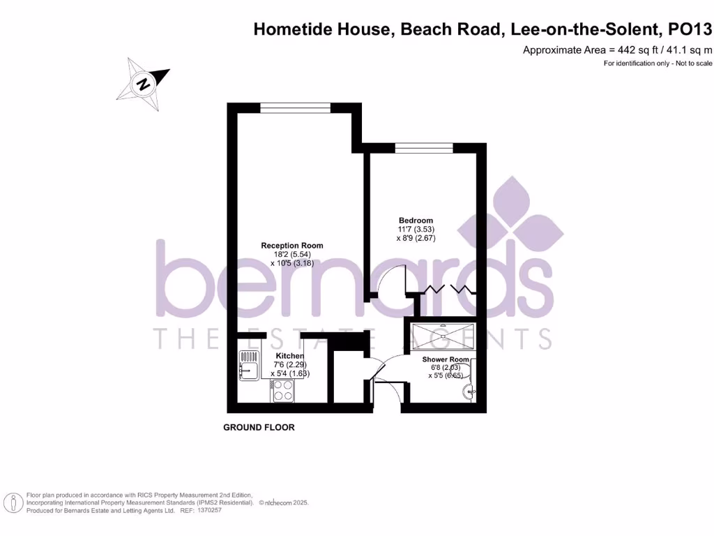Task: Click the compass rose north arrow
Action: tap(144, 84)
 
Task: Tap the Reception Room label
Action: tap(292, 246)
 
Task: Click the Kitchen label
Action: tap(289, 356)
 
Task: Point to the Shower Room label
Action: tap(446, 359)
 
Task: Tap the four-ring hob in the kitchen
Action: tap(282, 394)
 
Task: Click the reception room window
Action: tap(295, 107)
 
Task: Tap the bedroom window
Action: tap(424, 147)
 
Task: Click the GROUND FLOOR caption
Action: tap(259, 427)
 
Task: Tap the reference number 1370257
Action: tap(210, 511)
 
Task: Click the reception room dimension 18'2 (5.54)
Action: tap(292, 255)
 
